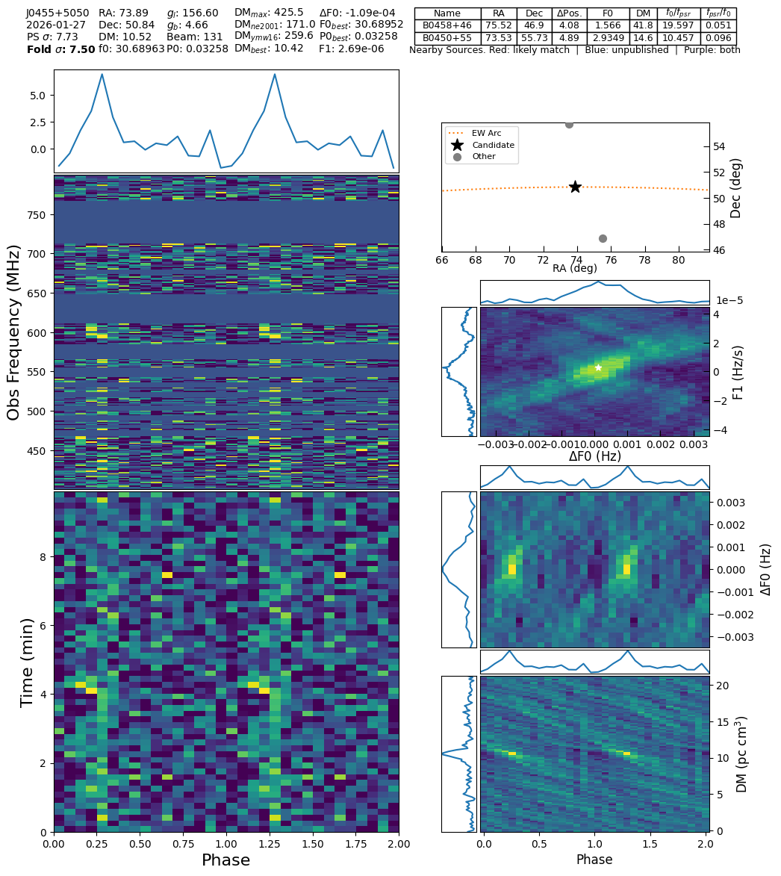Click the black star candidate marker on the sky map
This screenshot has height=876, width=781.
coord(575,187)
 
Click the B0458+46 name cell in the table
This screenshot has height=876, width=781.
coord(447,25)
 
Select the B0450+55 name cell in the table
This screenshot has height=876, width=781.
coord(447,38)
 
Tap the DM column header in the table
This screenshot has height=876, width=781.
coord(643,13)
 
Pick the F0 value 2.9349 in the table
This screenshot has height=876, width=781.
coord(608,38)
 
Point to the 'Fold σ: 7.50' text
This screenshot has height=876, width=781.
coord(60,50)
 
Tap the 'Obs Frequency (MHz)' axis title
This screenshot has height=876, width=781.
coord(14,332)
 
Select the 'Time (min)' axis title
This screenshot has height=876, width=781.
coord(28,662)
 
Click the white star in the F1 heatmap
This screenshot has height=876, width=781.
coord(598,367)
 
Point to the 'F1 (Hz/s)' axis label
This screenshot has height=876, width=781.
coord(738,372)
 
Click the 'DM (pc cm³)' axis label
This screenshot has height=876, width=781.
coord(741,754)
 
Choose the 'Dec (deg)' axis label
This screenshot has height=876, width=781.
coord(736,187)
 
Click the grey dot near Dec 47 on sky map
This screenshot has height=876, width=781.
coord(603,238)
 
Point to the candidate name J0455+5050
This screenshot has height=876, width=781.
coord(57,13)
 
